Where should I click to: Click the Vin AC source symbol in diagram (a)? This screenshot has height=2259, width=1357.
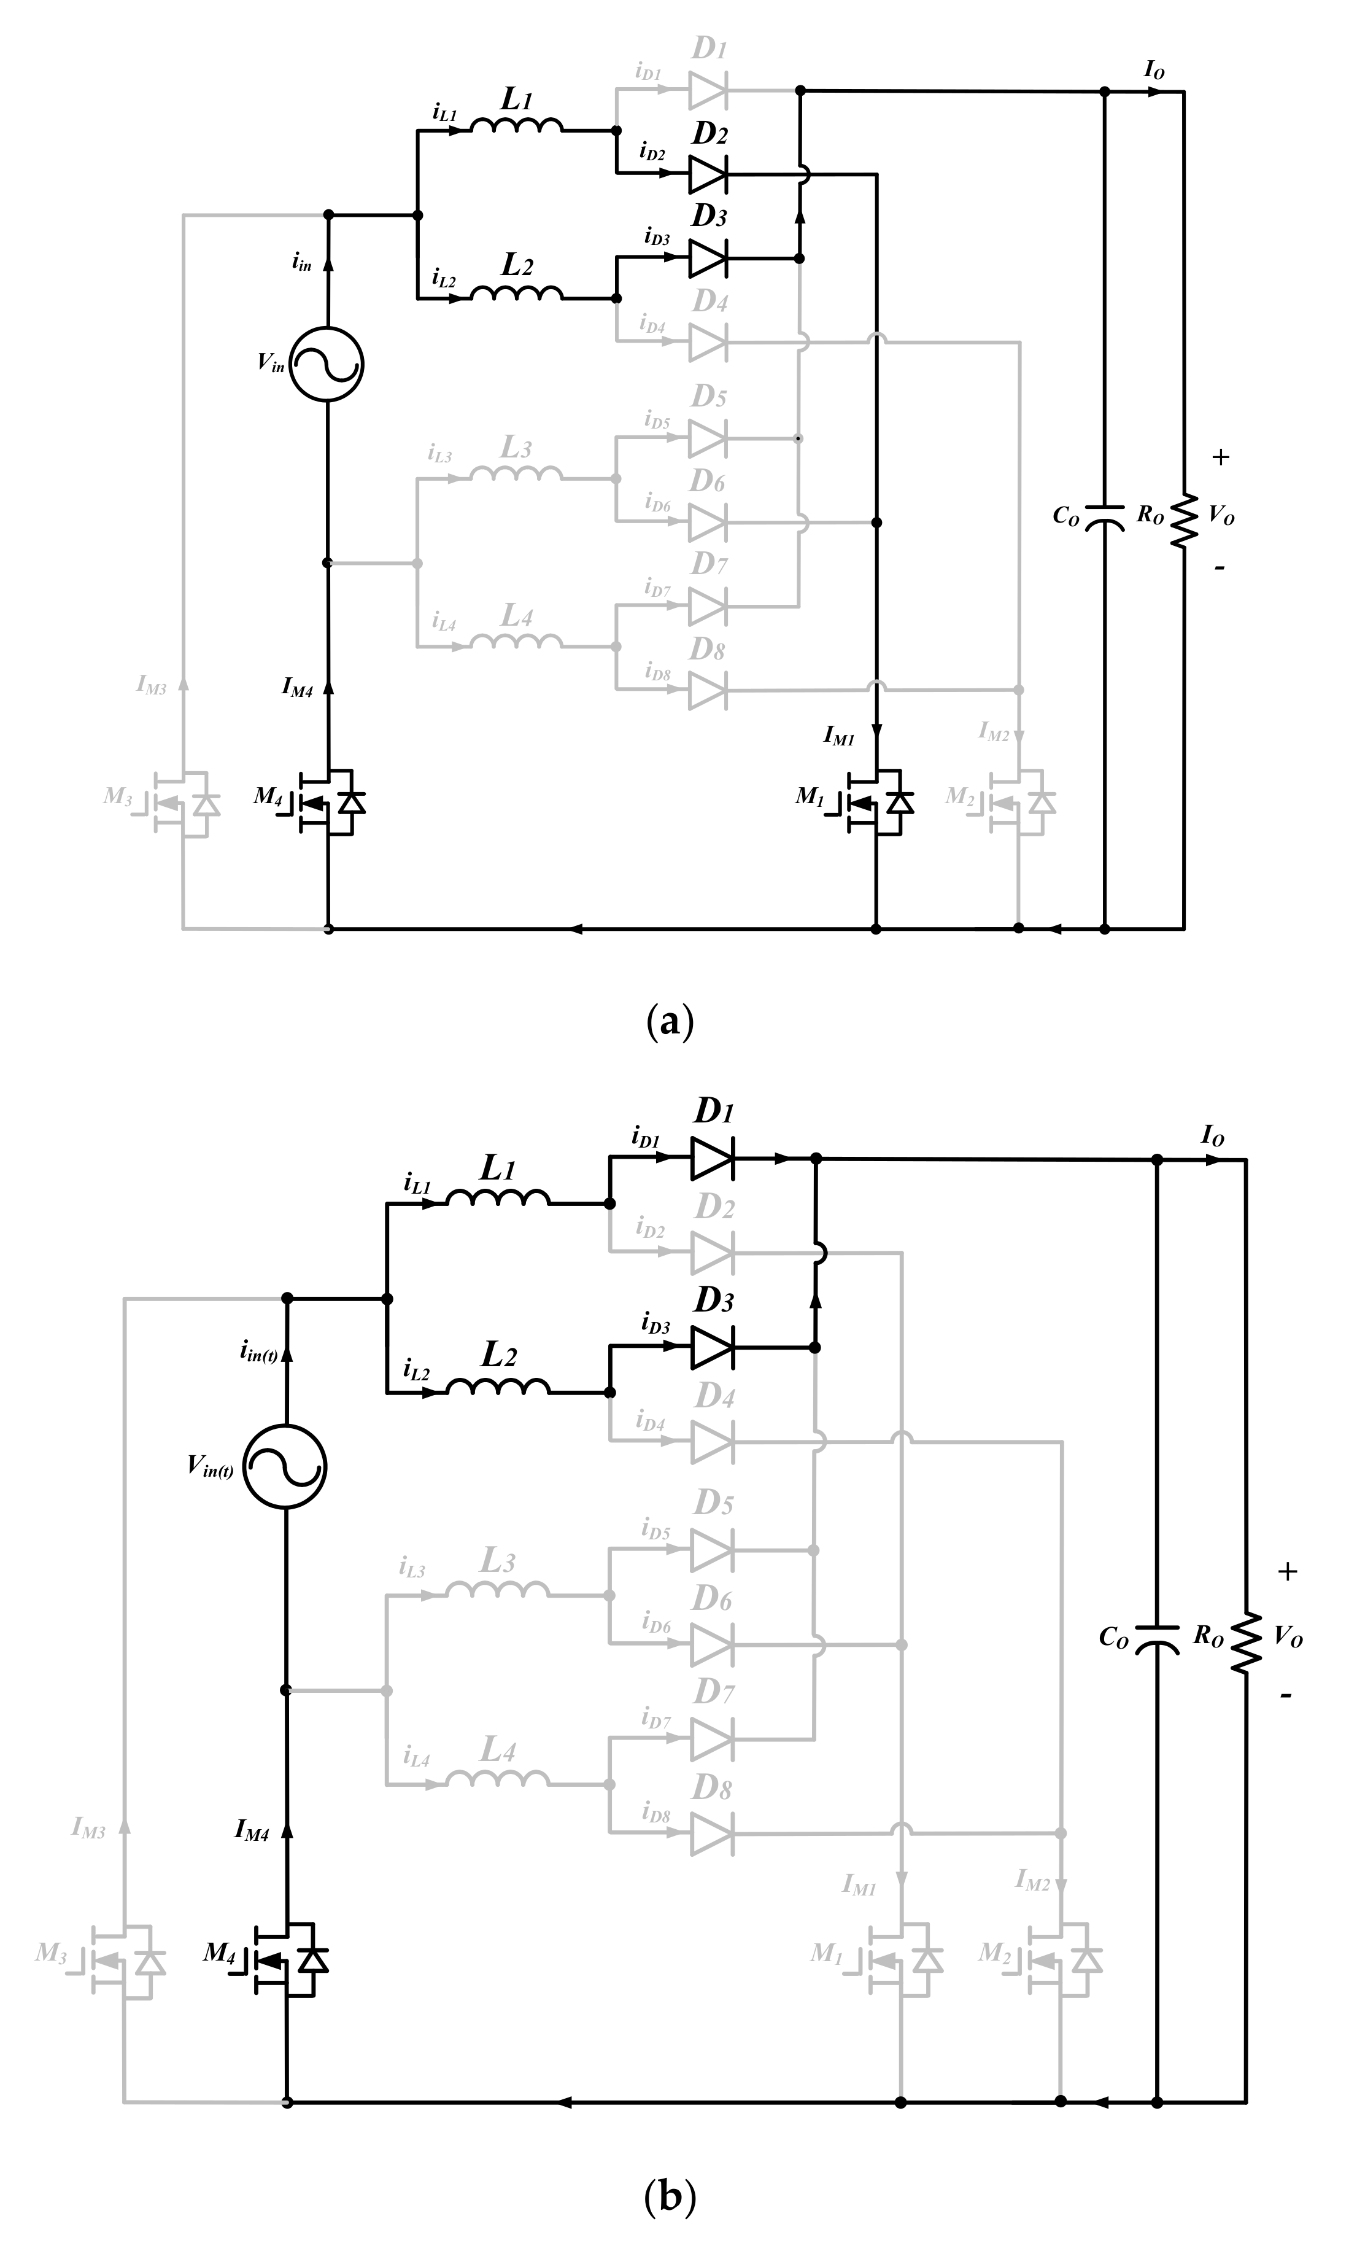tap(327, 364)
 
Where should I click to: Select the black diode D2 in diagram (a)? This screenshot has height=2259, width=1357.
tap(708, 174)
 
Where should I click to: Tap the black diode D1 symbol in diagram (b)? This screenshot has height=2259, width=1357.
tap(711, 1159)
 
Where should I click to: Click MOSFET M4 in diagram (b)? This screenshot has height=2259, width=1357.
tap(287, 1959)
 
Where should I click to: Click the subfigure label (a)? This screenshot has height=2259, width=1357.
tap(670, 1022)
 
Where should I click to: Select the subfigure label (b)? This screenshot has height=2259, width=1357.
tap(670, 2196)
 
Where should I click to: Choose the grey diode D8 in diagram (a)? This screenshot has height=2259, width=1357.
tap(708, 691)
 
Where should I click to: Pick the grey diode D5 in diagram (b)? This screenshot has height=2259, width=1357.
tap(711, 1550)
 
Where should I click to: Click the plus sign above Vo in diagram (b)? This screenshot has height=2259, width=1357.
tap(1288, 1572)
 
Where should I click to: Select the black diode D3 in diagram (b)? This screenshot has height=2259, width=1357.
tap(711, 1347)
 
